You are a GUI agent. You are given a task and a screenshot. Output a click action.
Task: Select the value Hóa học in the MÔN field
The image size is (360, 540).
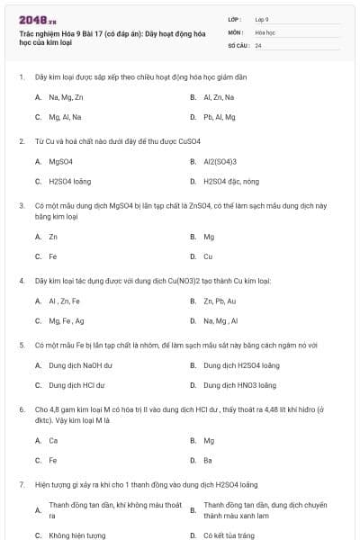[x=265, y=31]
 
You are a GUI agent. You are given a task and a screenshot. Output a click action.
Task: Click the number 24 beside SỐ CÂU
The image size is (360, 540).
[x=258, y=45]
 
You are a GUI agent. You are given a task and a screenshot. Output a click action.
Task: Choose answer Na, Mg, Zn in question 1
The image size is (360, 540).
[x=66, y=97]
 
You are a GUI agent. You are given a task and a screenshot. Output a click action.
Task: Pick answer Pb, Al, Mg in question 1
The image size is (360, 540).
[x=219, y=117]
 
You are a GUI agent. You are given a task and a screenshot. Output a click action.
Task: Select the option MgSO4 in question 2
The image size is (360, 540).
[x=60, y=162]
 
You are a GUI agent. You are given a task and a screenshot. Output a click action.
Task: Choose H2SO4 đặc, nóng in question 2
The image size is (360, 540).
[x=231, y=182]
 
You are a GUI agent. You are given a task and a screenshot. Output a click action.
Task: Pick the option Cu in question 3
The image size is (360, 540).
[x=208, y=256]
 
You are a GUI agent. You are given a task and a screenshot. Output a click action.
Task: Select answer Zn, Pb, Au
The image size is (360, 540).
[x=220, y=301]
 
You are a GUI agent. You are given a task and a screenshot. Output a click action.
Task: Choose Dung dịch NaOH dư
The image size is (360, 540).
[x=80, y=366]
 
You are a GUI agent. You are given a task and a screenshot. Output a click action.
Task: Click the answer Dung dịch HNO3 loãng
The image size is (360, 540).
[x=239, y=385]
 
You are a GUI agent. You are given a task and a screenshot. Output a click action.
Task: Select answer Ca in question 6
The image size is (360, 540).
[x=53, y=441]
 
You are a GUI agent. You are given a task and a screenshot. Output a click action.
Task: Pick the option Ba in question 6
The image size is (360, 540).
[x=208, y=460]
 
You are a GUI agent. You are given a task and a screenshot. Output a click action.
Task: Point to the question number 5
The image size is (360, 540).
[x=22, y=345]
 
